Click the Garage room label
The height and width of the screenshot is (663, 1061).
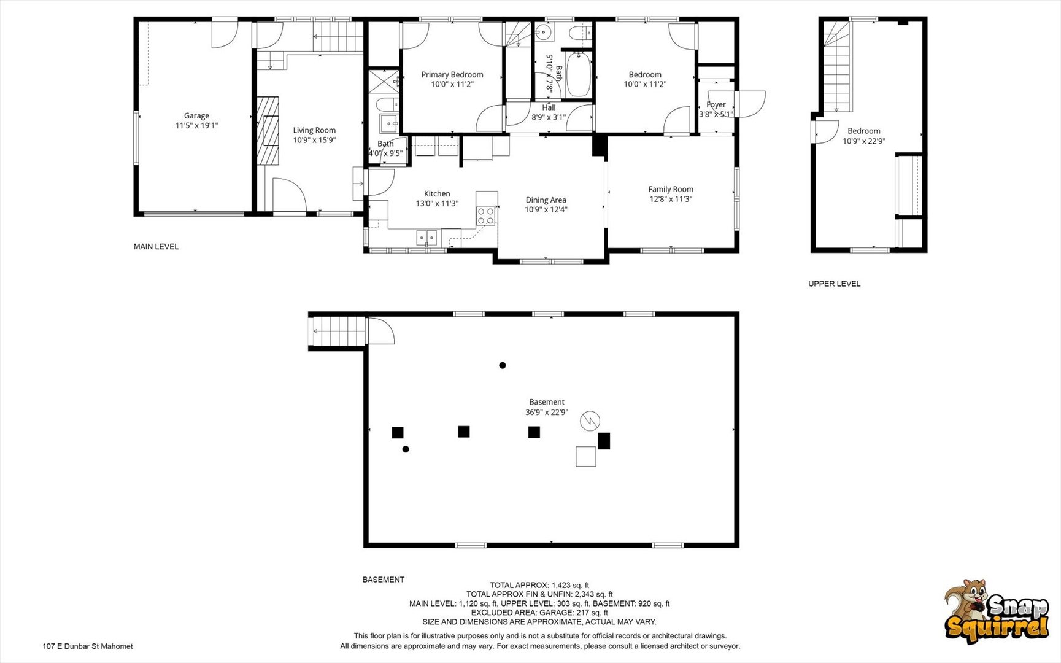[196, 115]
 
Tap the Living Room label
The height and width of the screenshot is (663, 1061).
[314, 130]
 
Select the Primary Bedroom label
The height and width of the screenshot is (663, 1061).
[452, 75]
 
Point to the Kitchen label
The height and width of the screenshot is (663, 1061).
[437, 194]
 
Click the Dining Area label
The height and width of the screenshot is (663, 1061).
[546, 200]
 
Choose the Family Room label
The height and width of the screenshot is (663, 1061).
[671, 190]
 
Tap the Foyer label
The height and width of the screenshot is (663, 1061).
[716, 105]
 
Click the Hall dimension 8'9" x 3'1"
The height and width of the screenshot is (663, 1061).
[549, 117]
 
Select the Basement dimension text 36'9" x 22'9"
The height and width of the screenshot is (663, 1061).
[547, 413]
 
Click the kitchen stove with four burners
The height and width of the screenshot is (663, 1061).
[486, 216]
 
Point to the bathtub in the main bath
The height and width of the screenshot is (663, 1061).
[578, 75]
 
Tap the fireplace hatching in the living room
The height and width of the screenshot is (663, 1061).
[268, 130]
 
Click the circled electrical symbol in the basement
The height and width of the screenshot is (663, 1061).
[590, 421]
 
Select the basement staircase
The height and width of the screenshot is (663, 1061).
[338, 331]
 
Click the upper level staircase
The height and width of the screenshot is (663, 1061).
[837, 66]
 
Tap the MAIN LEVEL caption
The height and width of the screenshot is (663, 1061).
[156, 247]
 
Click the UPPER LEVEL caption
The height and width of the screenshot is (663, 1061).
[835, 284]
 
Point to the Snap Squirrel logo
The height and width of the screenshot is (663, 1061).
[997, 611]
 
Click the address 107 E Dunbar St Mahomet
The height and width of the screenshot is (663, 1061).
[88, 646]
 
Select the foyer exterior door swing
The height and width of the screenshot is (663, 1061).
[750, 104]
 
